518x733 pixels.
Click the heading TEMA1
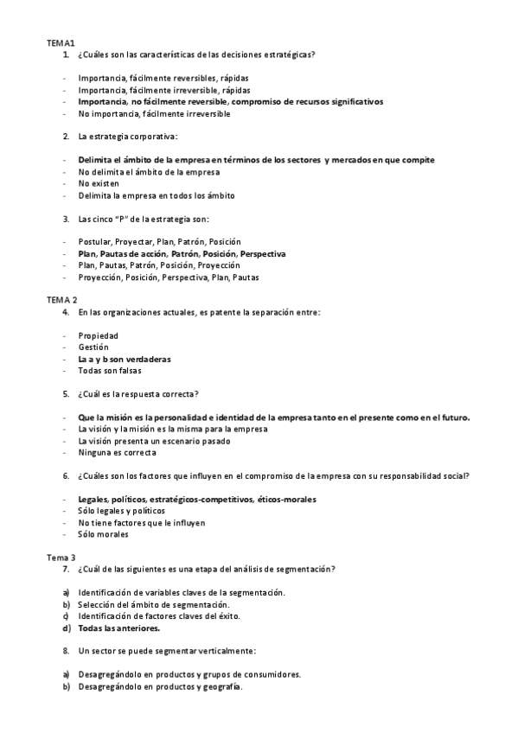click(x=61, y=42)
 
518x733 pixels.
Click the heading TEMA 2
click(x=61, y=298)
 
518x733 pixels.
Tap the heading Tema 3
click(x=61, y=558)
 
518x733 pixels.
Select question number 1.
click(x=66, y=54)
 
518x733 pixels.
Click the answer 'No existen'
click(x=95, y=184)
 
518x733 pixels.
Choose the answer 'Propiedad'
click(x=99, y=335)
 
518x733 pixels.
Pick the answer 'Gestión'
click(x=93, y=347)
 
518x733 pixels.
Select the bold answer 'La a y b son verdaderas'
click(x=124, y=359)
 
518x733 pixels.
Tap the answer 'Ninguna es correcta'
click(x=117, y=452)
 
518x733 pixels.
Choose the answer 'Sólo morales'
click(x=103, y=534)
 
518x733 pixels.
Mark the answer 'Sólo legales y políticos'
click(x=121, y=511)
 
